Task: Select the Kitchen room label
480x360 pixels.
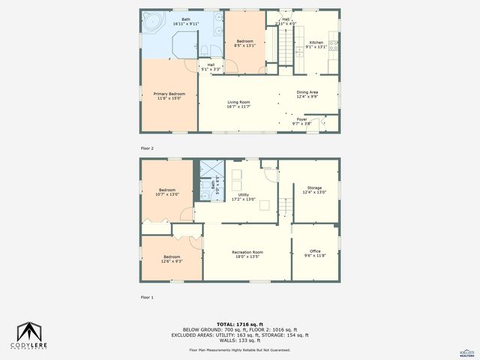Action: click(x=316, y=43)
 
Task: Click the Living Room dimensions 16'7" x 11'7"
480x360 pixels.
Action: click(x=238, y=106)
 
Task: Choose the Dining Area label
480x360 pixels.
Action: click(x=307, y=92)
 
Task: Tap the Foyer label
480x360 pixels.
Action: click(x=301, y=118)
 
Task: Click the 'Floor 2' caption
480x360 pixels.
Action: click(x=148, y=148)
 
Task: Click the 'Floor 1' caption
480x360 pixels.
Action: click(x=148, y=297)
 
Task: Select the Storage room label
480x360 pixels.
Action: click(x=313, y=187)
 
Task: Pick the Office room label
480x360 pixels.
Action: click(x=315, y=250)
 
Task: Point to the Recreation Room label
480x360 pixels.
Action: click(x=247, y=252)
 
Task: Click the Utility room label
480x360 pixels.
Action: click(x=243, y=195)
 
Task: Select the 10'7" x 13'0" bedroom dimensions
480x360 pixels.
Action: click(x=166, y=194)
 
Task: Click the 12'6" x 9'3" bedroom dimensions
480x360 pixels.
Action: click(x=172, y=261)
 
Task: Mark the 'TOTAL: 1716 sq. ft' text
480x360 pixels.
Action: click(x=240, y=324)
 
